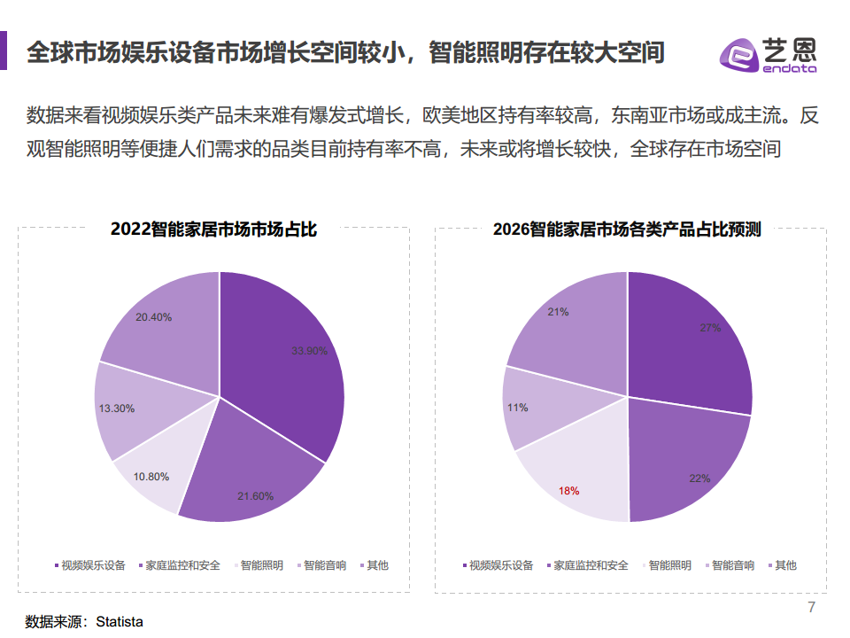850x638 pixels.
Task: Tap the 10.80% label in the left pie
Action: [151, 476]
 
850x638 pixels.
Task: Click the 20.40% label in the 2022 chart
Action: [154, 317]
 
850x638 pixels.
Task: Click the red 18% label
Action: [568, 490]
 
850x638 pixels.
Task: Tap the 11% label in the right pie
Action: [518, 408]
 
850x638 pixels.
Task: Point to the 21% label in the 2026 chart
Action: [558, 312]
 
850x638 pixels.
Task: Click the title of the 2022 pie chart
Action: [213, 230]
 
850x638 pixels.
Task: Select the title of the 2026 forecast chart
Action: [627, 230]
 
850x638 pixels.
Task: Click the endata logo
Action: [768, 55]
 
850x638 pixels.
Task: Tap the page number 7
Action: [811, 607]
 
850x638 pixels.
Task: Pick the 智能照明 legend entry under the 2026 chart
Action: [669, 564]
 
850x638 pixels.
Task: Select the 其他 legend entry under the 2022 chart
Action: [377, 564]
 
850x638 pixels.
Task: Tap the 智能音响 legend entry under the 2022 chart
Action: [324, 564]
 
